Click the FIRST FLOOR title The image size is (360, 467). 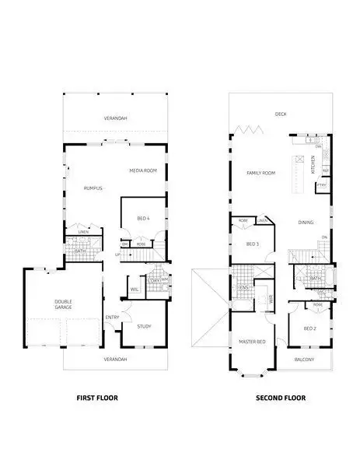coord(103,398)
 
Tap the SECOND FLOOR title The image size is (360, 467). coord(281,398)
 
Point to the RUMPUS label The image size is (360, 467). coord(94,188)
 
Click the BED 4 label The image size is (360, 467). coord(142,219)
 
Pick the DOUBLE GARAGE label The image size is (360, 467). coord(63,305)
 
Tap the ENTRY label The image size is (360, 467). coord(113,316)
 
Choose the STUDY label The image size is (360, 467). coord(145,326)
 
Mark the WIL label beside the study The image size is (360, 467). coord(134,290)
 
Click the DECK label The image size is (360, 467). coord(281,114)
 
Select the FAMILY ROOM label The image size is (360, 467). coord(261,173)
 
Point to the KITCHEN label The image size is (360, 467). coord(313,164)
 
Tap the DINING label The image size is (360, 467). coord(306,223)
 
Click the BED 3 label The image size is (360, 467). coord(252,244)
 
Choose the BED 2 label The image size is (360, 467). coord(309,329)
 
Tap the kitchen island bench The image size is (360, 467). coord(297,175)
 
